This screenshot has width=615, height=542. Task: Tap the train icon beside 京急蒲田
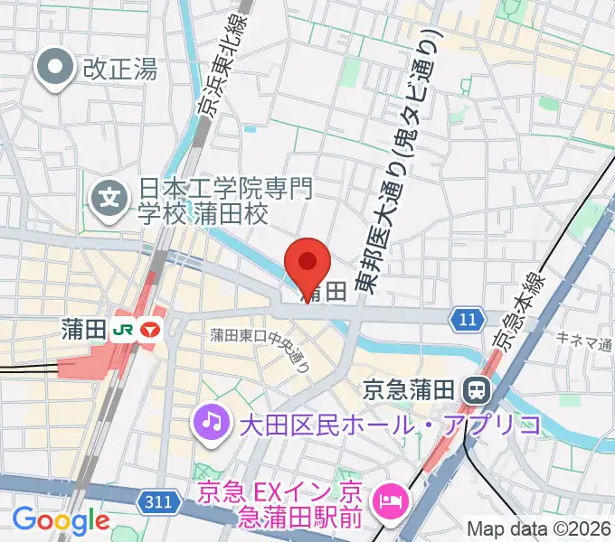[473, 389]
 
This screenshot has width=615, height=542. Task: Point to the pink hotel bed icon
[392, 495]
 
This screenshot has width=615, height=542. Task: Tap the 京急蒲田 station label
[411, 389]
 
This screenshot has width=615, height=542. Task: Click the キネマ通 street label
[584, 341]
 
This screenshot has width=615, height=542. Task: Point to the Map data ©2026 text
[538, 528]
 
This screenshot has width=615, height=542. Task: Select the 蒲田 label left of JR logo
[85, 331]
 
